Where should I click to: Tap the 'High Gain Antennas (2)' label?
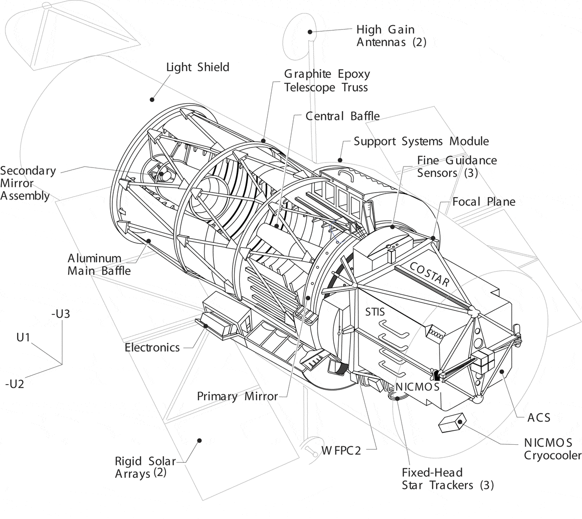click(391, 36)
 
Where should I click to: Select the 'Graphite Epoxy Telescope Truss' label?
click(327, 81)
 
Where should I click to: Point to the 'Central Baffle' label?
click(342, 116)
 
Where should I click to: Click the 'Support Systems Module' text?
click(421, 141)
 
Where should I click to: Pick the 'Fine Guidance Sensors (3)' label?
click(457, 166)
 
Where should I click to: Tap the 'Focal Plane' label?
click(483, 202)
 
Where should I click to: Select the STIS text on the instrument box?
click(375, 312)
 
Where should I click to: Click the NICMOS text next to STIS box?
click(417, 387)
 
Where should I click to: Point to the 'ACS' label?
click(538, 417)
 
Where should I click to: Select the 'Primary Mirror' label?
click(237, 396)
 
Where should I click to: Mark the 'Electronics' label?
click(152, 348)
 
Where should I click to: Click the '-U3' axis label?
click(61, 314)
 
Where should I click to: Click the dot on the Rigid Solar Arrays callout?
click(200, 440)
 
